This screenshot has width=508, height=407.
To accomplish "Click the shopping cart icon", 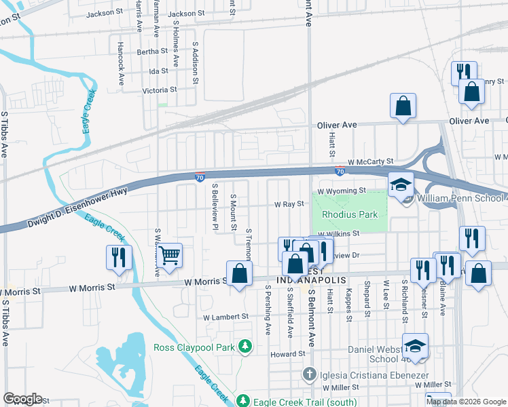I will pos(169,256).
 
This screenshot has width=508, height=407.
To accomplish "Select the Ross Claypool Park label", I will pos(195,347).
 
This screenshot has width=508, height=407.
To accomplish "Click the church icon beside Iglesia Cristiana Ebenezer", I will pos(309,374).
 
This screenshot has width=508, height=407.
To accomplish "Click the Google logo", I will pos(22,399).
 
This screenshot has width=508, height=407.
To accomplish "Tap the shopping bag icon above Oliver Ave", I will pos(403,106).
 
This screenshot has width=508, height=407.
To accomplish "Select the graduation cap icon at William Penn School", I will pos(401,185).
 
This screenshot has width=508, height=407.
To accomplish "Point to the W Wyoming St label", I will pos(343,191).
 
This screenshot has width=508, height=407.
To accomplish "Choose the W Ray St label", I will pos(288,204).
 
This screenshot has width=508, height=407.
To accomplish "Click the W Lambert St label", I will pos(226,317).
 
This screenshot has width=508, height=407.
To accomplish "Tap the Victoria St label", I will pos(159,90).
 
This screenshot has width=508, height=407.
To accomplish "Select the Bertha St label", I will pos(152,52).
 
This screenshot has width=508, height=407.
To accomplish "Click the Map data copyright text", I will pos(466,402).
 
